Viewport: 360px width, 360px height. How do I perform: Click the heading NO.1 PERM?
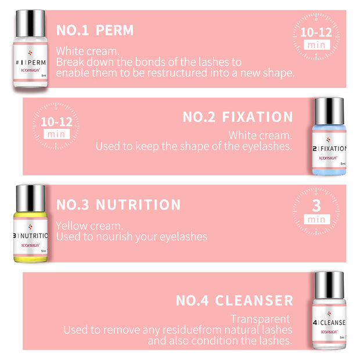(x=95, y=30)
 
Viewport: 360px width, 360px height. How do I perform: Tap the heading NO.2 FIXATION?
(x=237, y=117)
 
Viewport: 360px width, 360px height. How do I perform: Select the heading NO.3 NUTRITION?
(x=118, y=204)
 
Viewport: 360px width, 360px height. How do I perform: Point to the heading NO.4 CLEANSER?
(x=234, y=300)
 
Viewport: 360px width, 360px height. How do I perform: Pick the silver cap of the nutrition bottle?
(x=30, y=199)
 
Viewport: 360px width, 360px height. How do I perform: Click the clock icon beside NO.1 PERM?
(x=316, y=37)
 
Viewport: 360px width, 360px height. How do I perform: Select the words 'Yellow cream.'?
(x=89, y=225)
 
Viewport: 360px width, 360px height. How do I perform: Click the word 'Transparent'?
(x=260, y=319)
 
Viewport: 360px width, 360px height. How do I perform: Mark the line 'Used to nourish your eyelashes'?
(x=131, y=236)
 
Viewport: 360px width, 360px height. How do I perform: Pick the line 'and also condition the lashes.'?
(x=219, y=341)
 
